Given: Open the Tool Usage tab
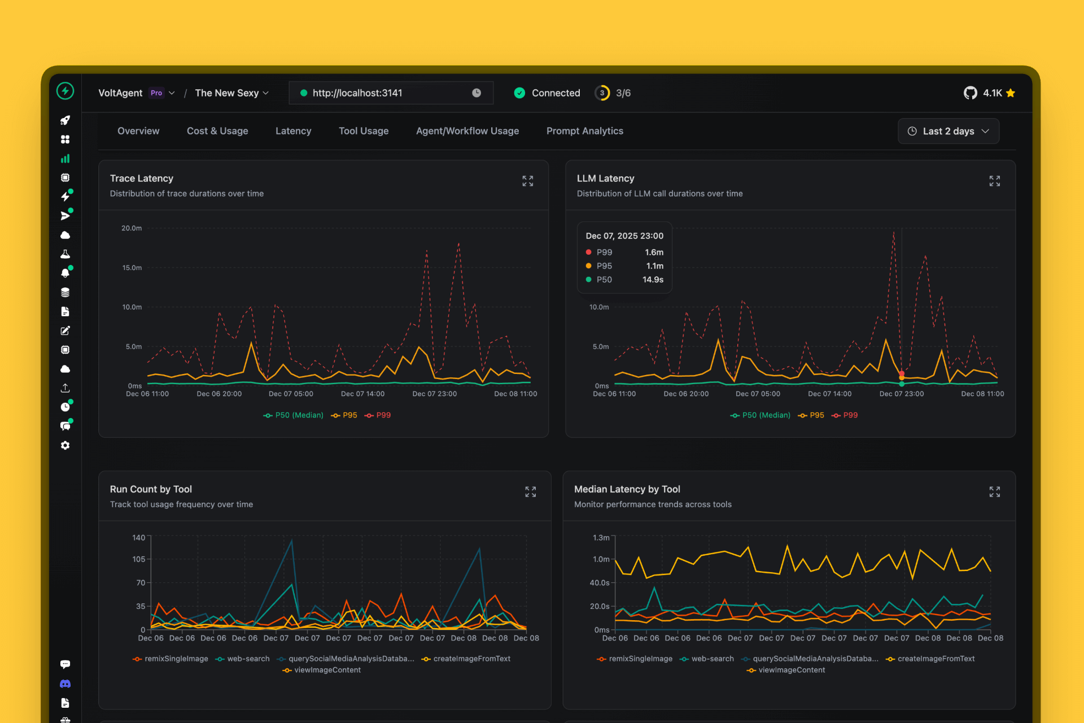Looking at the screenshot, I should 364,131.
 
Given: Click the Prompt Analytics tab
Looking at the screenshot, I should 584,131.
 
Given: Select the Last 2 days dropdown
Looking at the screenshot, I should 948,131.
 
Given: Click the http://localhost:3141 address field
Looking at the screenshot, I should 390,93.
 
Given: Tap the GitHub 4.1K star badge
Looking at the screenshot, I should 989,93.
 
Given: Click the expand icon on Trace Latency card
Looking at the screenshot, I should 527,181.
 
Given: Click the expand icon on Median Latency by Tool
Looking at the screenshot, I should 994,492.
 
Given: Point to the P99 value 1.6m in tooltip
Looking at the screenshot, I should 654,252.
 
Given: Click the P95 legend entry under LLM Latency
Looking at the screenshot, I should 811,415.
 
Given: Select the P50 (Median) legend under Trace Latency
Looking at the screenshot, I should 294,415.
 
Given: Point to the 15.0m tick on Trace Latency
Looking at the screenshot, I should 132,268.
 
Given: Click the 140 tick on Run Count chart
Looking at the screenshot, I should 139,538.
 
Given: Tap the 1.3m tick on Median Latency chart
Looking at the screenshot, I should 601,538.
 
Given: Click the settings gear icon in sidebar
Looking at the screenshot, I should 65,446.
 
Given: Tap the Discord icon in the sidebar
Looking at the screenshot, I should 65,683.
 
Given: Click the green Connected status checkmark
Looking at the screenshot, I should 519,93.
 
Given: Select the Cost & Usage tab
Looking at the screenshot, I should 217,131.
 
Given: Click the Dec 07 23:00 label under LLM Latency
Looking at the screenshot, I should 901,394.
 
